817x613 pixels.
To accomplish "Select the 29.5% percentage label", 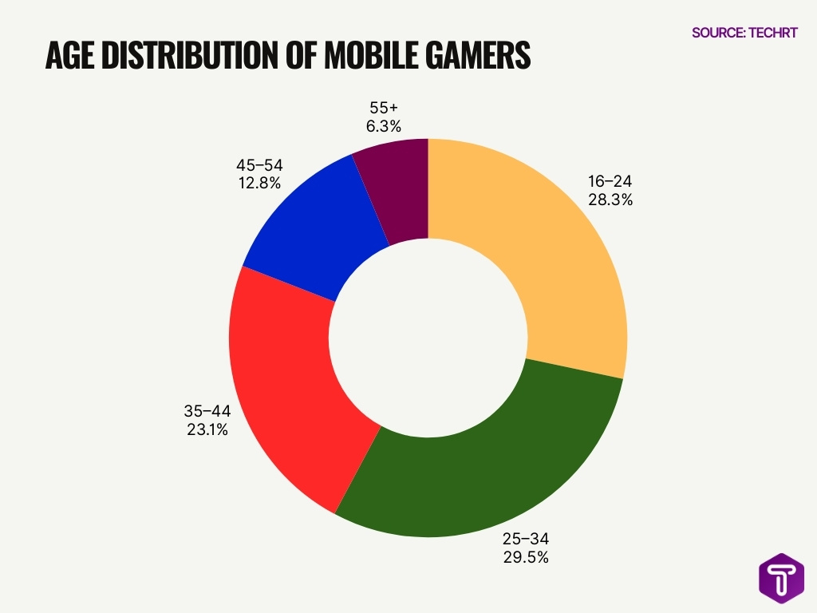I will pos(525,557).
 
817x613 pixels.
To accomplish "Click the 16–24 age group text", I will pos(606,181).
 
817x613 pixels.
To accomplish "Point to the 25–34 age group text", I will pos(525,538).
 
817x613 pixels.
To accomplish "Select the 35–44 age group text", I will pos(205,411).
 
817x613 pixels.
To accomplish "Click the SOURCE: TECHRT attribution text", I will pos(744,33).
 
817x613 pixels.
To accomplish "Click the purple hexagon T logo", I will pos(781,576).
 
